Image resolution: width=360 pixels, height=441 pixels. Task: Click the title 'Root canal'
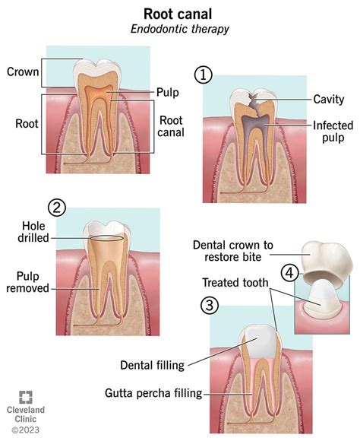pos(179,13)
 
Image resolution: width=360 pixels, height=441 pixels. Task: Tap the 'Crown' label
pos(22,73)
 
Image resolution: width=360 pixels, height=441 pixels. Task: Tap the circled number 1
pos(201,75)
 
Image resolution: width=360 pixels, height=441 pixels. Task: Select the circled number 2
pos(55,207)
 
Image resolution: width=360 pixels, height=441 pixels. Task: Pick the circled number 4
pos(289,272)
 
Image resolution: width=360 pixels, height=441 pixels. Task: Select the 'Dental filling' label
pos(151,365)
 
